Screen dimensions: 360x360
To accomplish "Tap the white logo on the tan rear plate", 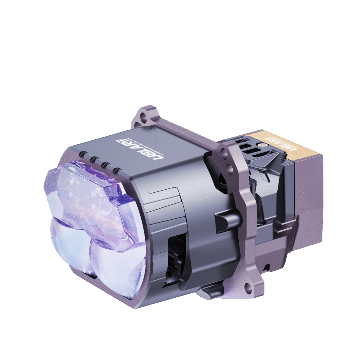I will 281,143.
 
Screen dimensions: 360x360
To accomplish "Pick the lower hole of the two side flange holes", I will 230,170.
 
